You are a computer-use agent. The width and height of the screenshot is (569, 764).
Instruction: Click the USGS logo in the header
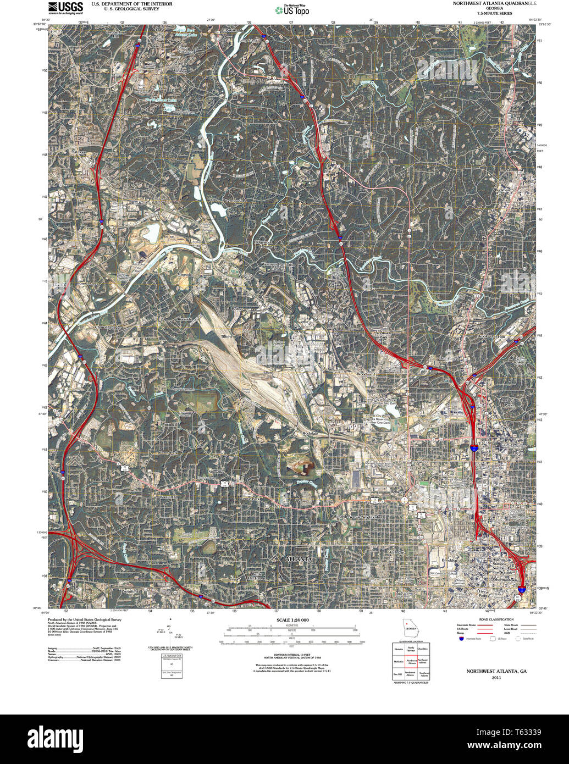(65, 7)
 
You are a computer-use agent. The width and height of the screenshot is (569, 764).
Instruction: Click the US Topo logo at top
(292, 9)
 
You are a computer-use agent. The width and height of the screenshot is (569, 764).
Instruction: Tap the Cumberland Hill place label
(115, 34)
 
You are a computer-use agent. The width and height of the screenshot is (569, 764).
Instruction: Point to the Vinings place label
(180, 71)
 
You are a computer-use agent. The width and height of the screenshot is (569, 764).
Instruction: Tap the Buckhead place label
(503, 190)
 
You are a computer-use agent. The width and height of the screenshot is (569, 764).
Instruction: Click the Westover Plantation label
(278, 265)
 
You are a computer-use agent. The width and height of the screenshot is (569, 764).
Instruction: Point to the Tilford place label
(227, 336)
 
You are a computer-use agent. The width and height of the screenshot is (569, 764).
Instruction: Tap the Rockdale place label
(311, 434)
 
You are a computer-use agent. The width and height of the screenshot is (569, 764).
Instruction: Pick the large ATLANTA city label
(299, 559)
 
